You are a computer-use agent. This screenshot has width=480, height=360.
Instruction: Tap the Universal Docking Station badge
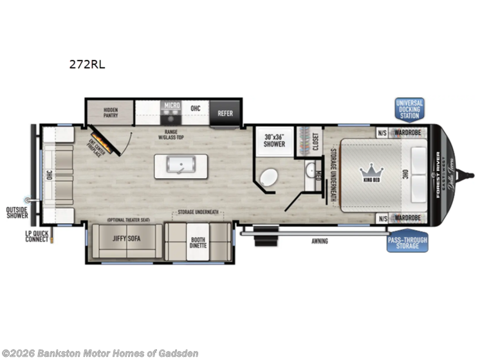[409, 109]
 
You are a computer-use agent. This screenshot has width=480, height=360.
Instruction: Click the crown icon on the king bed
[371, 172]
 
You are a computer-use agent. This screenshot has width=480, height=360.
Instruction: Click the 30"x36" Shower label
[275, 140]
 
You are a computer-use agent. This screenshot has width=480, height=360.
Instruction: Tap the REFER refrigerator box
[225, 113]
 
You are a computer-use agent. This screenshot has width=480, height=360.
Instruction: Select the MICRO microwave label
[171, 105]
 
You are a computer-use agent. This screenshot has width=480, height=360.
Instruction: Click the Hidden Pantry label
[109, 113]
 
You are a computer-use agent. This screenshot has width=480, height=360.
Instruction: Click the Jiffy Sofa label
[126, 239]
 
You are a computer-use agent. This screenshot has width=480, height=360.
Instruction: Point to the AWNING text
[319, 242]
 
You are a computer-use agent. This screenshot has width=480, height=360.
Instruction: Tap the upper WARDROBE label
[407, 132]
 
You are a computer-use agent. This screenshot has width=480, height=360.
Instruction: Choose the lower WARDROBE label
[407, 218]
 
